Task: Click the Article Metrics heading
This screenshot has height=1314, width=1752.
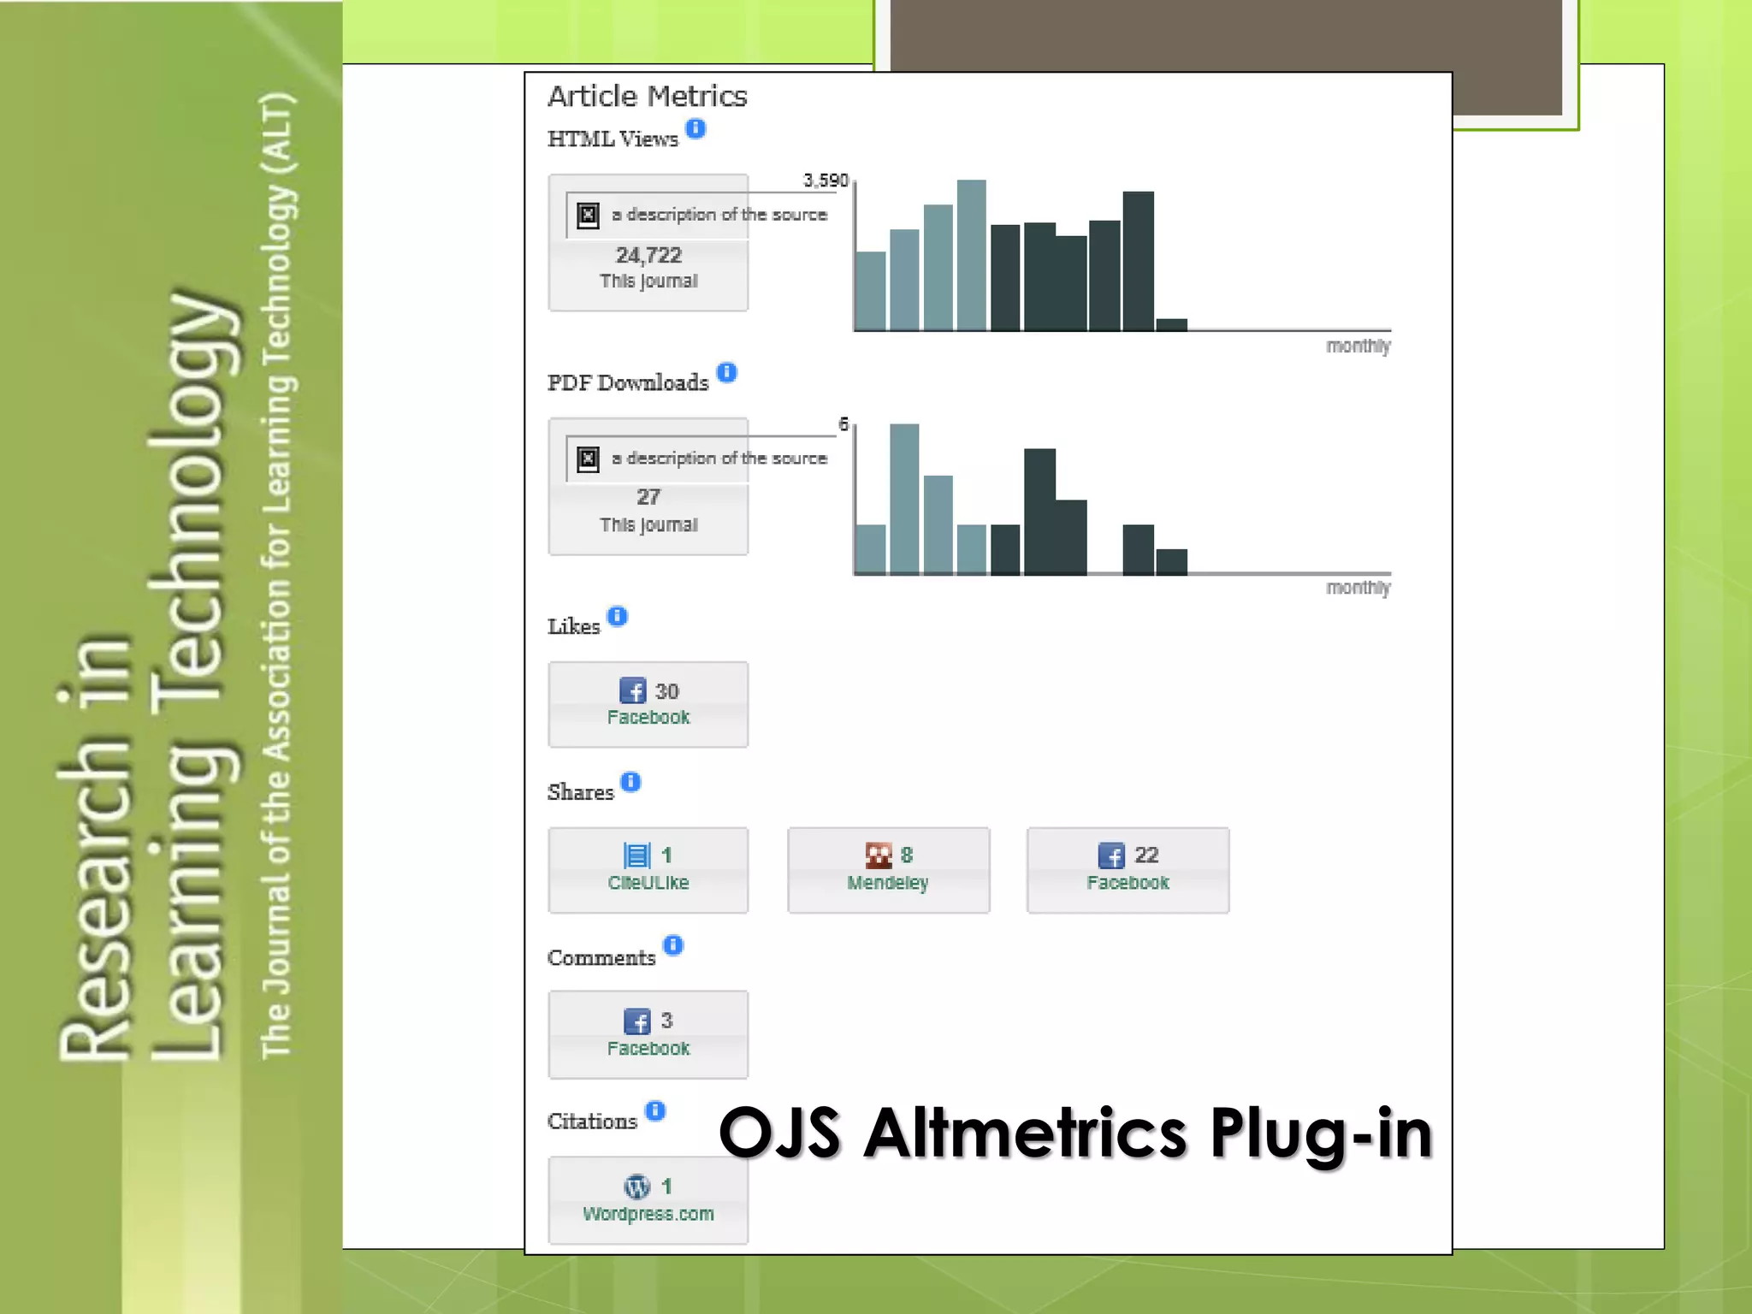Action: pos(647,96)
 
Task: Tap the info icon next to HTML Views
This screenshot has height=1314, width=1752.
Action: pos(696,128)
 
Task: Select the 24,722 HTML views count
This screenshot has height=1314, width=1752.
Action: pos(648,255)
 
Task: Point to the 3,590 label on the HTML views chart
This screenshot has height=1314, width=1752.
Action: pos(826,181)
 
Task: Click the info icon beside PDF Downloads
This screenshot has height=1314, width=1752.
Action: pos(726,372)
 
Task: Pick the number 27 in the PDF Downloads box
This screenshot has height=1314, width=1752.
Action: pos(648,497)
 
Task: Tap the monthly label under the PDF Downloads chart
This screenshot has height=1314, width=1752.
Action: pos(1358,588)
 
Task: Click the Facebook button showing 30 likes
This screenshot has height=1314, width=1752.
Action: pos(648,704)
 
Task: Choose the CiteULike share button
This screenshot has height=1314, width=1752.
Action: pos(648,870)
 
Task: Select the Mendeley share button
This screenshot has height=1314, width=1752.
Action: pos(888,870)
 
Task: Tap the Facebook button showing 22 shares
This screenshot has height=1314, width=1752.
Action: pos(1128,870)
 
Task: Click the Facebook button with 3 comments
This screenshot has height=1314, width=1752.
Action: pos(648,1034)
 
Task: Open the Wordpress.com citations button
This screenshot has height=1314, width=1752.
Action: pos(648,1199)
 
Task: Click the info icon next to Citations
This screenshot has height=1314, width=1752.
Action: pos(655,1110)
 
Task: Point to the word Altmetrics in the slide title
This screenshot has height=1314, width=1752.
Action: pos(1026,1133)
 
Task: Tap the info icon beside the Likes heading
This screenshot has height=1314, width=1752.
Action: pos(618,616)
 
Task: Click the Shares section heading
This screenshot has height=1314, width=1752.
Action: pos(580,792)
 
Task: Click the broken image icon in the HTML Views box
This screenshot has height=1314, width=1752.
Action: pos(588,215)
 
